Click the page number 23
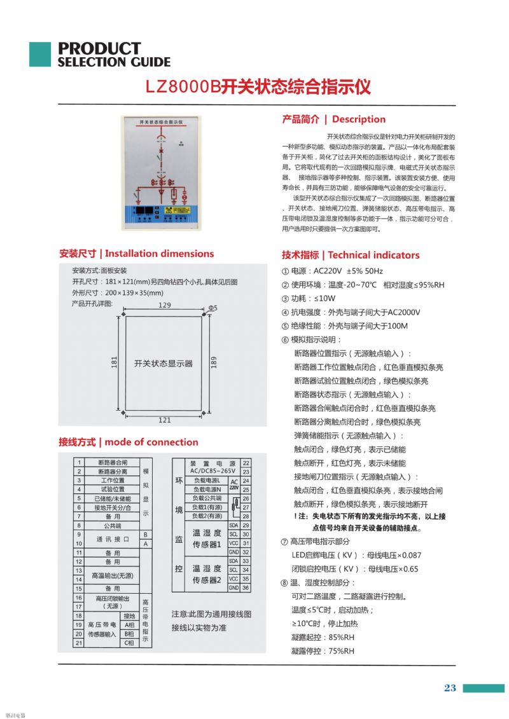coord(450,688)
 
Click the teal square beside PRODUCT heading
coord(39,54)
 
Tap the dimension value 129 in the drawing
coord(164,306)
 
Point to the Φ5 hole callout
coord(213,308)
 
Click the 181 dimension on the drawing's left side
coord(114,362)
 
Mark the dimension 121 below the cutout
coord(164,420)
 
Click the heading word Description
coord(359,119)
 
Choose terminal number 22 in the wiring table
coord(246,463)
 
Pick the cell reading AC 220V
coord(234,485)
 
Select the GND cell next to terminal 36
coord(234,588)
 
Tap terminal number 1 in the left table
coord(78,462)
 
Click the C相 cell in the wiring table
coord(129,643)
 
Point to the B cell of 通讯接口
coord(145,535)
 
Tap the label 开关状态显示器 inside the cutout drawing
coord(164,364)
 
